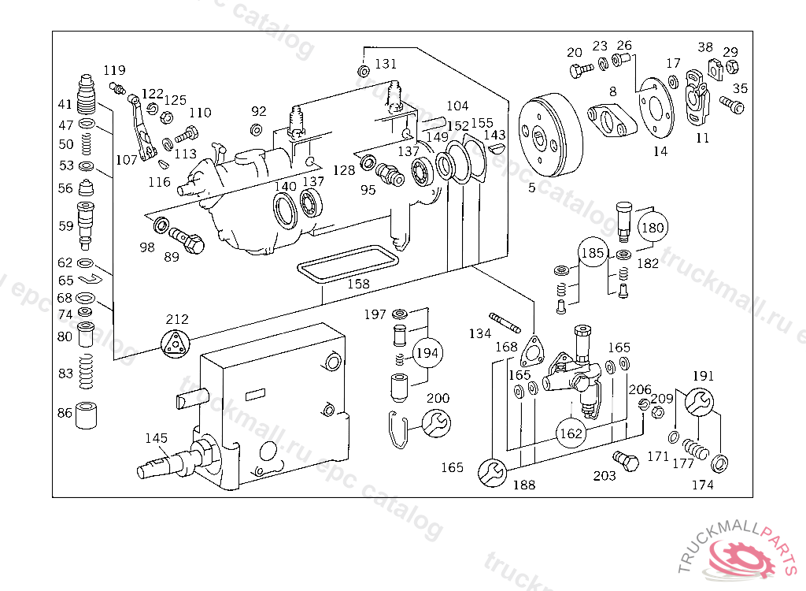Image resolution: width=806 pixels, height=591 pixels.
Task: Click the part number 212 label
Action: [177, 320]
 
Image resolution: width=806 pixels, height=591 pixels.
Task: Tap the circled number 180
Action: [653, 229]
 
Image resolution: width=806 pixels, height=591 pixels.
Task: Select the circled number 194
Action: [427, 353]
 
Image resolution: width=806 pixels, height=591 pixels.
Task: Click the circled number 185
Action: [593, 254]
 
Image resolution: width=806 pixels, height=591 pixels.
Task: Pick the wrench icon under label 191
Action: [699, 402]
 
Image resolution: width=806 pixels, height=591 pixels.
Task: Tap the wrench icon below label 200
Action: [437, 423]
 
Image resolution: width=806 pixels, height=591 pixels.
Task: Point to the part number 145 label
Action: [156, 438]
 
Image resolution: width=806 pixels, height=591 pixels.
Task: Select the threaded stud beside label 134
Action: [505, 323]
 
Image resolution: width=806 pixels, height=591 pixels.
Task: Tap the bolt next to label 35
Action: [732, 104]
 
